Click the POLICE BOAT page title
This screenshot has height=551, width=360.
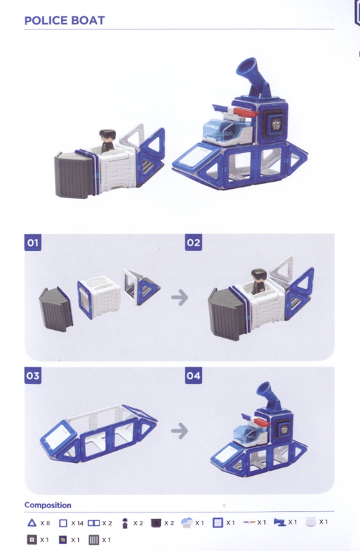[64, 20]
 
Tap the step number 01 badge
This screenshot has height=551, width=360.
[33, 243]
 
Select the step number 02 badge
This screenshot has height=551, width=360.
[193, 243]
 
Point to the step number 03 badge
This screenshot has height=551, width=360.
[33, 376]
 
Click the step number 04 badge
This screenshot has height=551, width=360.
[193, 376]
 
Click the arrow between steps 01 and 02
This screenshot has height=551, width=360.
[180, 297]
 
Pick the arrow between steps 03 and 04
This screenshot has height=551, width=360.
[180, 431]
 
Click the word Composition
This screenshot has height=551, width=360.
[48, 505]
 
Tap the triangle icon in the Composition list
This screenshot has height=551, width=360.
[31, 523]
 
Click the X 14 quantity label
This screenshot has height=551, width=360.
[77, 523]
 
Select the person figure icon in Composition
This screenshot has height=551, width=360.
[125, 523]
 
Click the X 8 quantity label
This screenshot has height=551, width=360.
[45, 523]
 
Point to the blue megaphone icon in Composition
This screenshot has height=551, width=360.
[280, 522]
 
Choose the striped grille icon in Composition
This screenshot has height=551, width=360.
[94, 540]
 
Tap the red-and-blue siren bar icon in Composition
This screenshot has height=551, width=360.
[249, 522]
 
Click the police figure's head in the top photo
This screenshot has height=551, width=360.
[107, 135]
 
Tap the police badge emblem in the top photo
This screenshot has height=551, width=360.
[275, 125]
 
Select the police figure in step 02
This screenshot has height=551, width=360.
[259, 281]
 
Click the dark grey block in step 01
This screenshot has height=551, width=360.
[55, 309]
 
